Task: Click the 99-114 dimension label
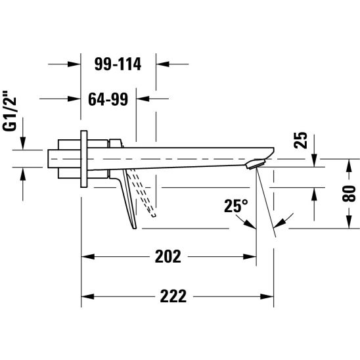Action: [118, 64]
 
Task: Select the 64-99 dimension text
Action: [108, 99]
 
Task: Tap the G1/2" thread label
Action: [10, 111]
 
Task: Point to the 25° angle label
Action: [236, 206]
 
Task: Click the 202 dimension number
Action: [168, 256]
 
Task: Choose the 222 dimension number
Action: [173, 296]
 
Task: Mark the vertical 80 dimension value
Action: [349, 194]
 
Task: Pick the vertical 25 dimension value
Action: [300, 140]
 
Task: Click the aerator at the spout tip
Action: [256, 164]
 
